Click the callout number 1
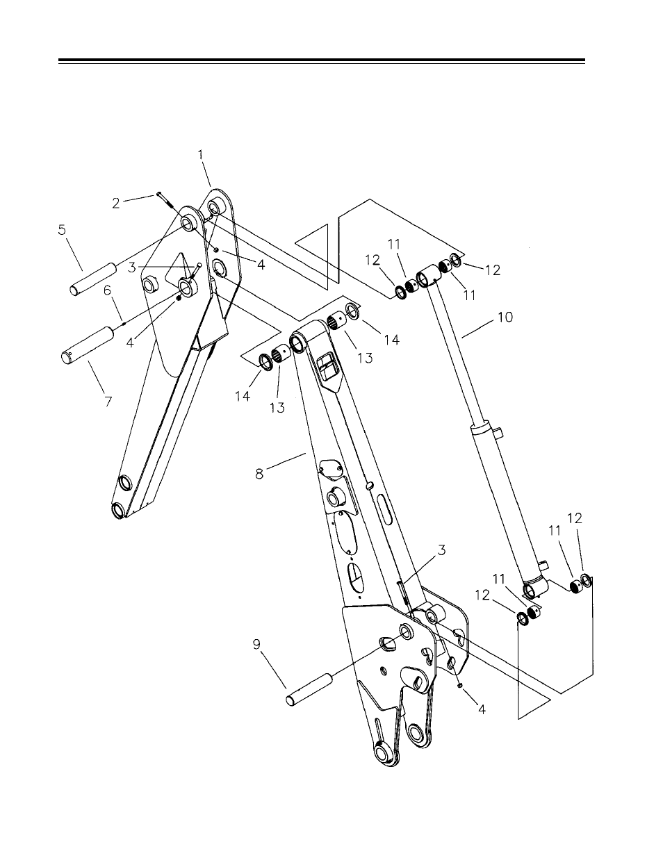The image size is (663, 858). [201, 155]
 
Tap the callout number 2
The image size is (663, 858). [115, 204]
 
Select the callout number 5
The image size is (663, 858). [62, 230]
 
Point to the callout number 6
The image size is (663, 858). [108, 290]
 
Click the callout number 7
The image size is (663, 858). [108, 402]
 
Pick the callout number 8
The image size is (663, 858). [259, 473]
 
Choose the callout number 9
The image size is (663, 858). [256, 645]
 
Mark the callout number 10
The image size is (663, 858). [505, 317]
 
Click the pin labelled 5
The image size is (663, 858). [93, 279]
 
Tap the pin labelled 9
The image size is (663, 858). [310, 690]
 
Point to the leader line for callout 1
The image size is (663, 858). [206, 174]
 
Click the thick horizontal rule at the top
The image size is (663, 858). [322, 60]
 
